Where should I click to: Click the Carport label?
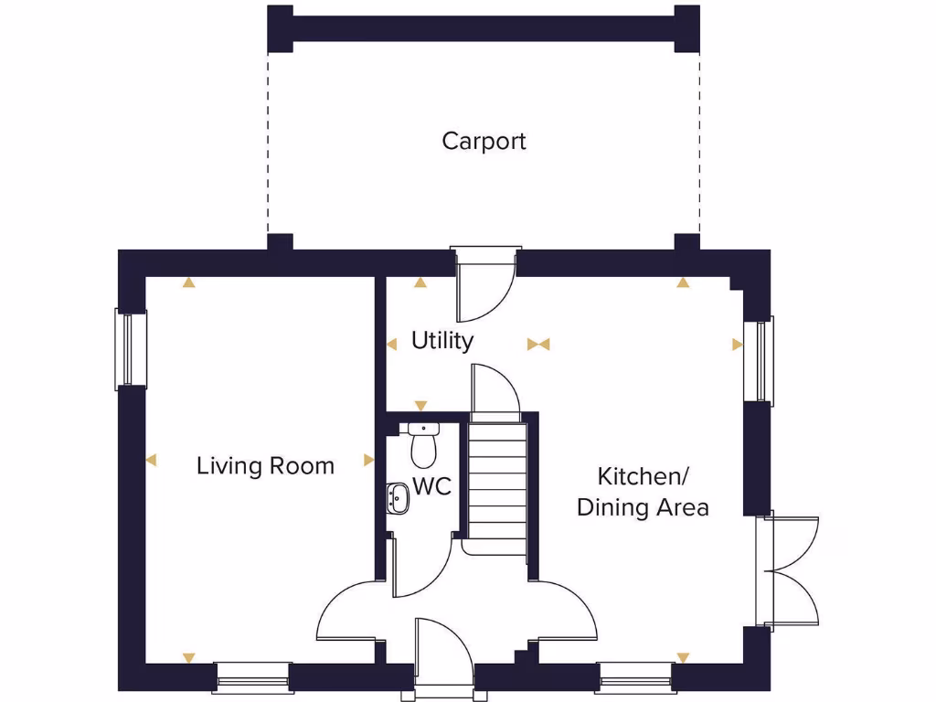coord(484,142)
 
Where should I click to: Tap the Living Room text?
coord(265,466)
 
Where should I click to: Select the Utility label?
coord(442,341)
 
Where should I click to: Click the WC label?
coord(431,486)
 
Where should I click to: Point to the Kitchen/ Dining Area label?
coord(643,492)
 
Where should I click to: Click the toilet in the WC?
coord(422,445)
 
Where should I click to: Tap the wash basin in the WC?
coord(398,498)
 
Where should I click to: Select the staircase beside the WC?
coord(498,484)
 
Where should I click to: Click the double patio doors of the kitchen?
coord(791,571)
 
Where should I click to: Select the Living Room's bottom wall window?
coord(252,677)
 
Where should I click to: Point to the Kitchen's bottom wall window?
coord(635,677)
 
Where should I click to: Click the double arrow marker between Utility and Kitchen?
coord(538,345)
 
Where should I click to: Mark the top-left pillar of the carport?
coord(280,27)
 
